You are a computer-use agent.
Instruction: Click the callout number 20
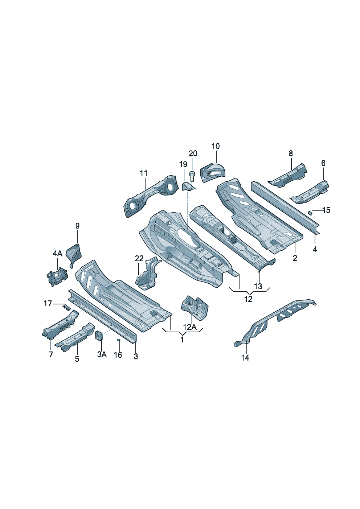[193, 153]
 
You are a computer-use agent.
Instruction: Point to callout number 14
[245, 358]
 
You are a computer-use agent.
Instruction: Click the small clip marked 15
[310, 213]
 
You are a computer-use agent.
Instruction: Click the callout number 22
[139, 258]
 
